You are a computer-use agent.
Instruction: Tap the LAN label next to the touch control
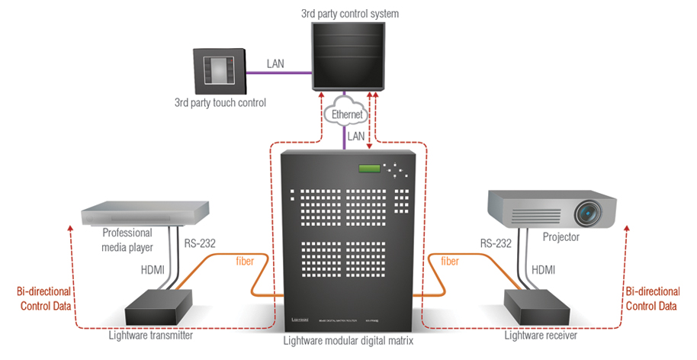pos(275,64)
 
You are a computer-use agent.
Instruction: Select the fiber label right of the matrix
pos(451,261)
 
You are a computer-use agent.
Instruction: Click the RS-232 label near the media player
pos(200,244)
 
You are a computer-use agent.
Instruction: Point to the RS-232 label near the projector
pos(496,244)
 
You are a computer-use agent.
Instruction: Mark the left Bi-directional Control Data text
pos(43,299)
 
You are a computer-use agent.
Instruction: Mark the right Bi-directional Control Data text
pos(651,299)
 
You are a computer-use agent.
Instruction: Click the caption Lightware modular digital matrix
pos(348,341)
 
